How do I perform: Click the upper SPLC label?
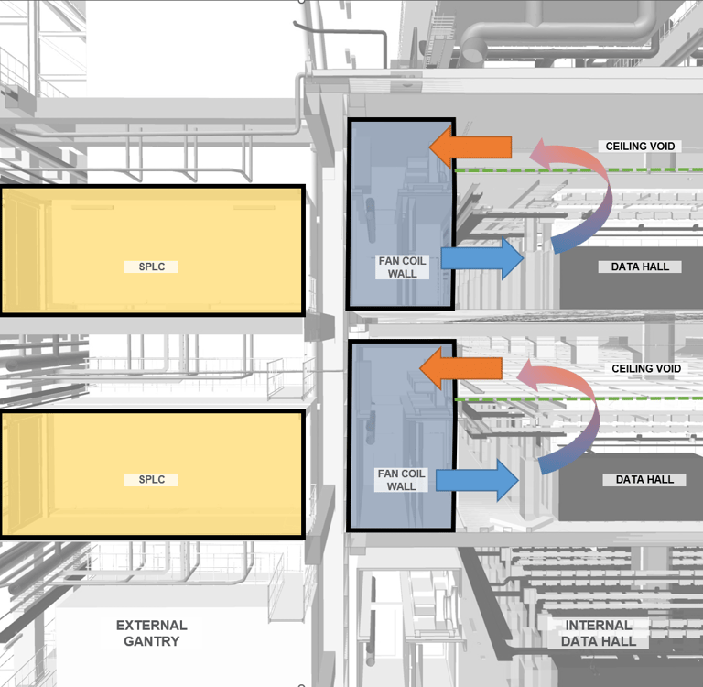tap(151, 267)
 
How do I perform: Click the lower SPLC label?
tap(151, 479)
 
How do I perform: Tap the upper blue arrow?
tap(481, 258)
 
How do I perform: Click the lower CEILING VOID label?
tap(646, 368)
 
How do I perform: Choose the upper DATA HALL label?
tap(641, 267)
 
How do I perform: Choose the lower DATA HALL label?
tap(645, 479)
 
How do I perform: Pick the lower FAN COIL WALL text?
tap(401, 480)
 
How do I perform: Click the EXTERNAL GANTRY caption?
tap(151, 633)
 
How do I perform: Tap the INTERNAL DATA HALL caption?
tap(599, 633)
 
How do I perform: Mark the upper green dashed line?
tap(568, 169)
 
